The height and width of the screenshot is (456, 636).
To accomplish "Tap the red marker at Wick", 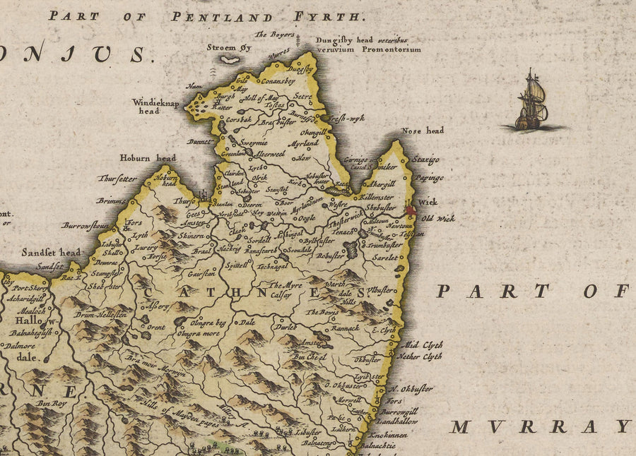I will point(411,210).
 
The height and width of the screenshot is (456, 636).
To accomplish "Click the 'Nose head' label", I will point(423,131).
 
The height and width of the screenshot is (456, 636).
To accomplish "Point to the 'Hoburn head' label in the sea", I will point(147,158).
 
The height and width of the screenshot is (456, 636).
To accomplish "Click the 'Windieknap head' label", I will point(157,106).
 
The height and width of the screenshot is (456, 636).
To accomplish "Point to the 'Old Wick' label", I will point(438,219).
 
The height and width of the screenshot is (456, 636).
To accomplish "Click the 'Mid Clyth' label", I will point(422,345).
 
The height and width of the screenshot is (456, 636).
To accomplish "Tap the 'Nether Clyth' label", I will point(420,356).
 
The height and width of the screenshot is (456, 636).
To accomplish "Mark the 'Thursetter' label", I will point(117,179).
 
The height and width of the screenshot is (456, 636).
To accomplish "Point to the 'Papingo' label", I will point(429,179).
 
